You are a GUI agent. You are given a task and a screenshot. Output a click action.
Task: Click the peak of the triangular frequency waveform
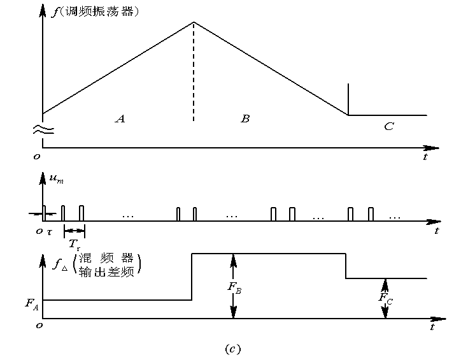[x=194, y=23]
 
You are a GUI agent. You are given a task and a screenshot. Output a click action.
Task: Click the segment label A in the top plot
[x=120, y=119]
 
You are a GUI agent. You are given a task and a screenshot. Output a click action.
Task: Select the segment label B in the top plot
[x=245, y=119]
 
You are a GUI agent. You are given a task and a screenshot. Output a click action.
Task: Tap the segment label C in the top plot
[x=389, y=126]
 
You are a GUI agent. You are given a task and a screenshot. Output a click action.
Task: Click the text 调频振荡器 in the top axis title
[x=99, y=11]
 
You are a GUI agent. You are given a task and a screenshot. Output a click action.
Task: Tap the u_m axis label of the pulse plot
[x=57, y=180]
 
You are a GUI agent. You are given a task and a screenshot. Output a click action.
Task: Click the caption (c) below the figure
[x=232, y=348]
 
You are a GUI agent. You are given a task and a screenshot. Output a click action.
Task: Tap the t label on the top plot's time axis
[x=425, y=157]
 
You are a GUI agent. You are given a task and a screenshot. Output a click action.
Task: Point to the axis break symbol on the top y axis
[x=43, y=130]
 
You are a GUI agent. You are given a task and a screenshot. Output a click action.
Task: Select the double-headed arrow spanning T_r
[x=74, y=230]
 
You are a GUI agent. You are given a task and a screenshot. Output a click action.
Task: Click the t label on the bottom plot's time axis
[x=432, y=327]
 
